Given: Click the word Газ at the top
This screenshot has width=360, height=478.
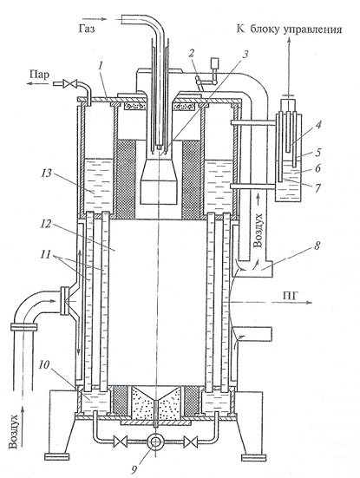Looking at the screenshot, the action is pyautogui.click(x=86, y=29).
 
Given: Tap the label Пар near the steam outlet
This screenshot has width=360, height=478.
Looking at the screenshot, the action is pyautogui.click(x=39, y=74).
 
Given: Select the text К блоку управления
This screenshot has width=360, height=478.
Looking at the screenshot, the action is pyautogui.click(x=289, y=29).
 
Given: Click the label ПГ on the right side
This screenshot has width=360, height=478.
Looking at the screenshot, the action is pyautogui.click(x=289, y=295).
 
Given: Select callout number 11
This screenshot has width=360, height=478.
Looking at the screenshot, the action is pyautogui.click(x=45, y=254).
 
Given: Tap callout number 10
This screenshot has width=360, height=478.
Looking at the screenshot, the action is pyautogui.click(x=43, y=364).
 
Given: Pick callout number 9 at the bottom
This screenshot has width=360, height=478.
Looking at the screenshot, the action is pyautogui.click(x=135, y=469).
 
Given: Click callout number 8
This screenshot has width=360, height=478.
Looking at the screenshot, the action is pyautogui.click(x=317, y=246).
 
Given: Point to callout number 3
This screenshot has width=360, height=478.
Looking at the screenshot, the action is pyautogui.click(x=245, y=55).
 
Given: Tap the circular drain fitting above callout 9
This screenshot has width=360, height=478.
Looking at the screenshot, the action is pyautogui.click(x=155, y=441).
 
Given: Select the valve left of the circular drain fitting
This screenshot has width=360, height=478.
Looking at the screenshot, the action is pyautogui.click(x=119, y=441).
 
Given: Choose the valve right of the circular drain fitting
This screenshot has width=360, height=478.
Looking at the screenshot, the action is pyautogui.click(x=191, y=441).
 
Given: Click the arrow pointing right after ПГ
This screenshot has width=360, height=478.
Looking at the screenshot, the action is pyautogui.click(x=291, y=302).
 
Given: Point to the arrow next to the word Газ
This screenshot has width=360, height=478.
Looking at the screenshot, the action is pyautogui.click(x=99, y=19).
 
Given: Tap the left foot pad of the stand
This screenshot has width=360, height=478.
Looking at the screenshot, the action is pyautogui.click(x=57, y=456).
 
